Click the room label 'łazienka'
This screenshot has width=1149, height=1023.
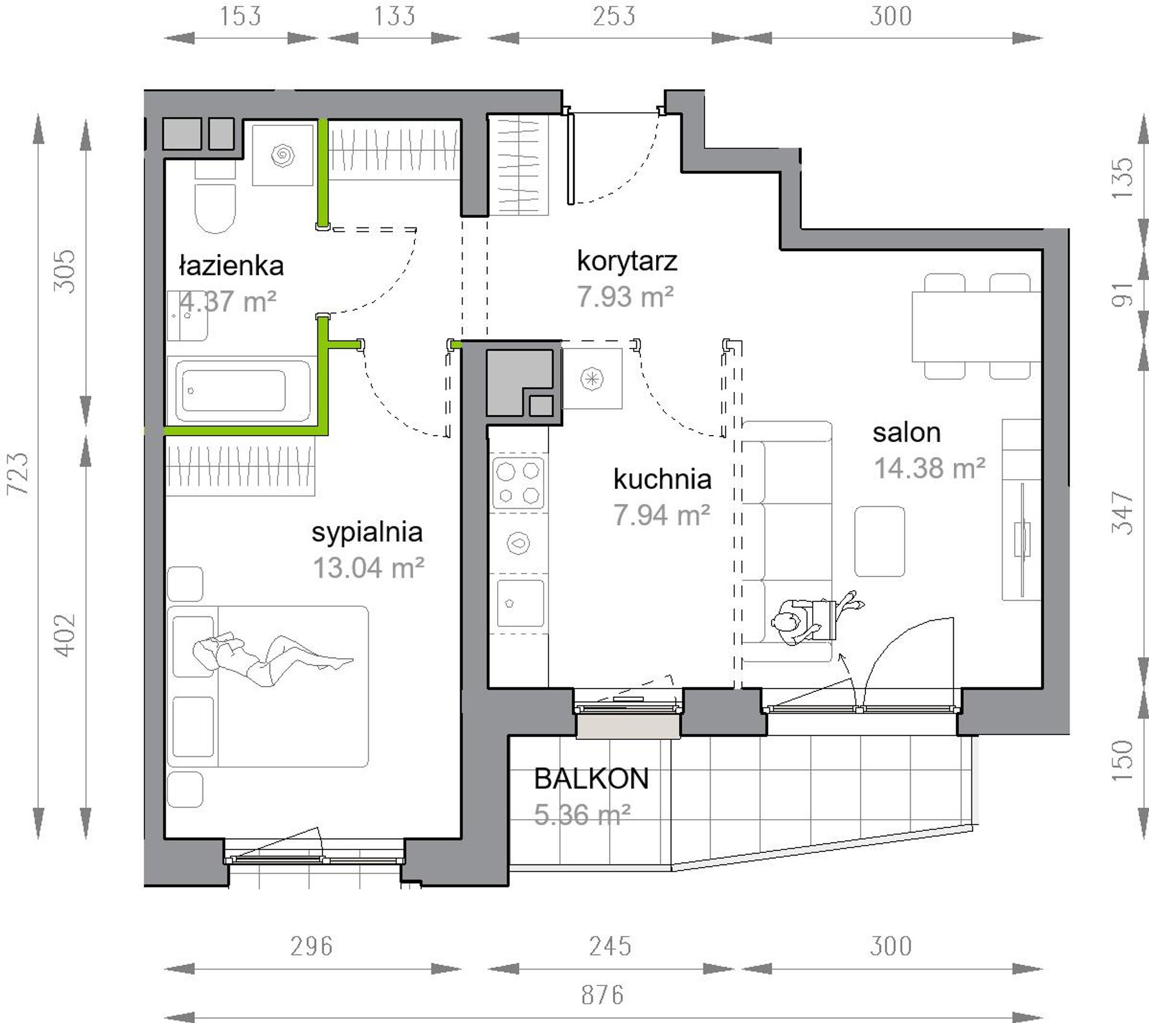232,266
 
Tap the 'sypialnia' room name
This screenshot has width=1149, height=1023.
367,533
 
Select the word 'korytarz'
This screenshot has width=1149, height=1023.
627,261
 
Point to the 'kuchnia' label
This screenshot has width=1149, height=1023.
662,479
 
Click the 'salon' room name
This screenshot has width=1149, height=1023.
907,433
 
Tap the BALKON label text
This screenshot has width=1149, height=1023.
591,779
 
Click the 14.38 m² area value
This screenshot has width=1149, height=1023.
929,468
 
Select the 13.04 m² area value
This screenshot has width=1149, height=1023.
368,568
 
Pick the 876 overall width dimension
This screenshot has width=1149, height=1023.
602,995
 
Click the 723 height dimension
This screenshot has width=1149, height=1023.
18,474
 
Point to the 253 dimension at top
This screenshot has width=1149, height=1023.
614,16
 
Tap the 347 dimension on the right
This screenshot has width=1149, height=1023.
1122,512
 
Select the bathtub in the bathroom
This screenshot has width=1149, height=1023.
242,390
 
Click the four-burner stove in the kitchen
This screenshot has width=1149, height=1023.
518,483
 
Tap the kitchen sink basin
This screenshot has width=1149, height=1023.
520,604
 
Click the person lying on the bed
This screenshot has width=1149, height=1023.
272,659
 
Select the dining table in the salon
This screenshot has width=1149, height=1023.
975,327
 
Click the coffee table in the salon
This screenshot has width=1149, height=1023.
879,541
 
